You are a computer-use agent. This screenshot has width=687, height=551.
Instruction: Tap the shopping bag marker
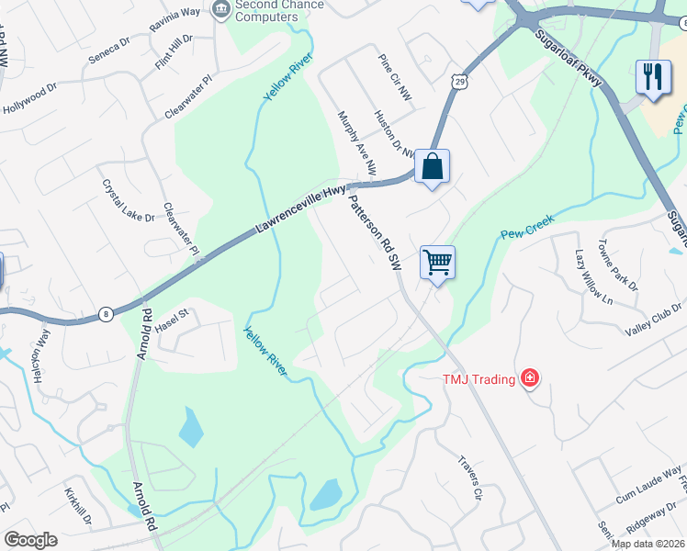pos(433,167)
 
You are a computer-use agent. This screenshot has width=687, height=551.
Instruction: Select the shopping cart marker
pos(437,263)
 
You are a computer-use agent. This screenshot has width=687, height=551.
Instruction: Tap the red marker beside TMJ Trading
pos(529,377)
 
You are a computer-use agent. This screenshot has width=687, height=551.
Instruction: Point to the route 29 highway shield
pos(459,82)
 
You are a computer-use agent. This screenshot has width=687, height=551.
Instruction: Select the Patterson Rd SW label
pos(375,235)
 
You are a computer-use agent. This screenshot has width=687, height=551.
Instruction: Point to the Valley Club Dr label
pos(648,326)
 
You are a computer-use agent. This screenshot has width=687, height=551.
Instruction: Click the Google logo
pos(30,540)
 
